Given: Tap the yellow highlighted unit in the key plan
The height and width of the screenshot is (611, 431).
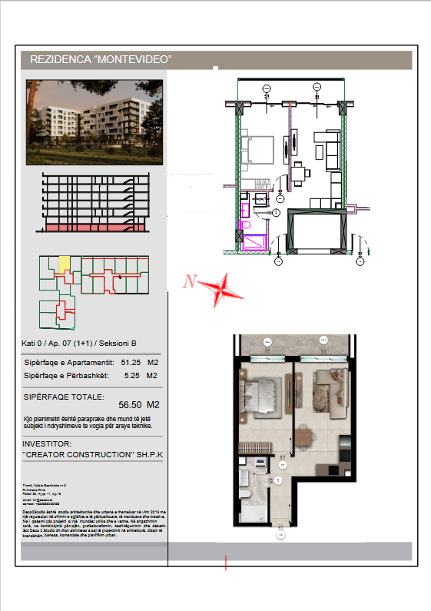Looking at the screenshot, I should tap(65, 264).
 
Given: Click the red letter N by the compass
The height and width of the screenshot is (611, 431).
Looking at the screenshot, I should tap(188, 282).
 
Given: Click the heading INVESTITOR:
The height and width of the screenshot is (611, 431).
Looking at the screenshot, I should tap(47, 443).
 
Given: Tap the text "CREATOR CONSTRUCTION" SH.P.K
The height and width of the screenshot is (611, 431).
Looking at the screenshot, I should tap(93, 455).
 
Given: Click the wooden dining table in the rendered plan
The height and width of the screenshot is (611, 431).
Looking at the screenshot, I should tap(308, 437).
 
